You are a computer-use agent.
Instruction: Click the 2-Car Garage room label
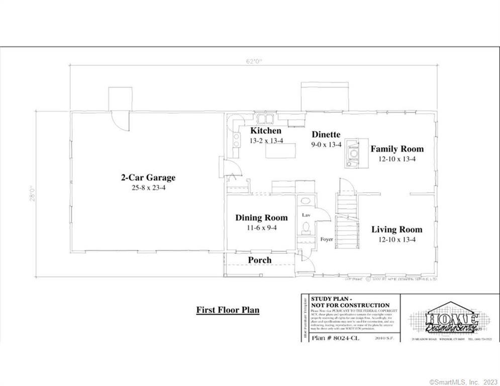pyautogui.click(x=148, y=177)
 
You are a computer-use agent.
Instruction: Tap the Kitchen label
pyautogui.click(x=266, y=131)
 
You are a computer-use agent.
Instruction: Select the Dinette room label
pyautogui.click(x=326, y=134)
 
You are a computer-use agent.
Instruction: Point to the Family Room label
pyautogui.click(x=397, y=149)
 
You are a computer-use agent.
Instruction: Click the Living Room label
pyautogui.click(x=396, y=230)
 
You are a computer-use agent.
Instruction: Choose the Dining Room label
pyautogui.click(x=261, y=218)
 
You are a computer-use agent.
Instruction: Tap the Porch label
pyautogui.click(x=259, y=260)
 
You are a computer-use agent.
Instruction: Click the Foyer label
pyautogui.click(x=327, y=240)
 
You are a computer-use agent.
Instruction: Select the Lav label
pyautogui.click(x=306, y=215)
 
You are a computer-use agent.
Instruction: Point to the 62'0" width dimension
pyautogui.click(x=253, y=61)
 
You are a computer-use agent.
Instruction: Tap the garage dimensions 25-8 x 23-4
pyautogui.click(x=148, y=187)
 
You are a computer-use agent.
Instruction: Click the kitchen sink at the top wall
pyautogui.click(x=264, y=119)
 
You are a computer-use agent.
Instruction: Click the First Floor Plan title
pyautogui.click(x=228, y=310)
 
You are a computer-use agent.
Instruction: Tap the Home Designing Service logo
pyautogui.click(x=449, y=320)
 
